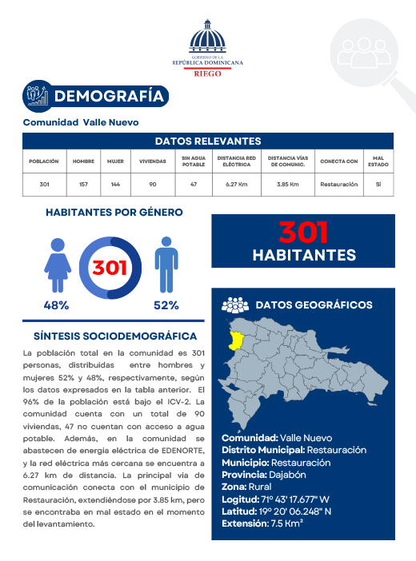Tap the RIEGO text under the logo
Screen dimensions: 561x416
[209, 73]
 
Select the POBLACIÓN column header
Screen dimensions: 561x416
[44, 161]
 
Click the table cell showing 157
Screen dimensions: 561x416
[83, 185]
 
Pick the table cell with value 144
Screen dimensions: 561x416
[116, 185]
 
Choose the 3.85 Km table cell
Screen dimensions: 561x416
[287, 185]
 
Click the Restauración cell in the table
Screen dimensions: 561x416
[338, 185]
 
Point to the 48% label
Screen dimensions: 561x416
[56, 305]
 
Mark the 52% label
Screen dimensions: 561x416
[166, 305]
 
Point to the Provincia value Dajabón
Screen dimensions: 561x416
[291, 475]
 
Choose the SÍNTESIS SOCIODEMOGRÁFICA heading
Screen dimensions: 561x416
[115, 336]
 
